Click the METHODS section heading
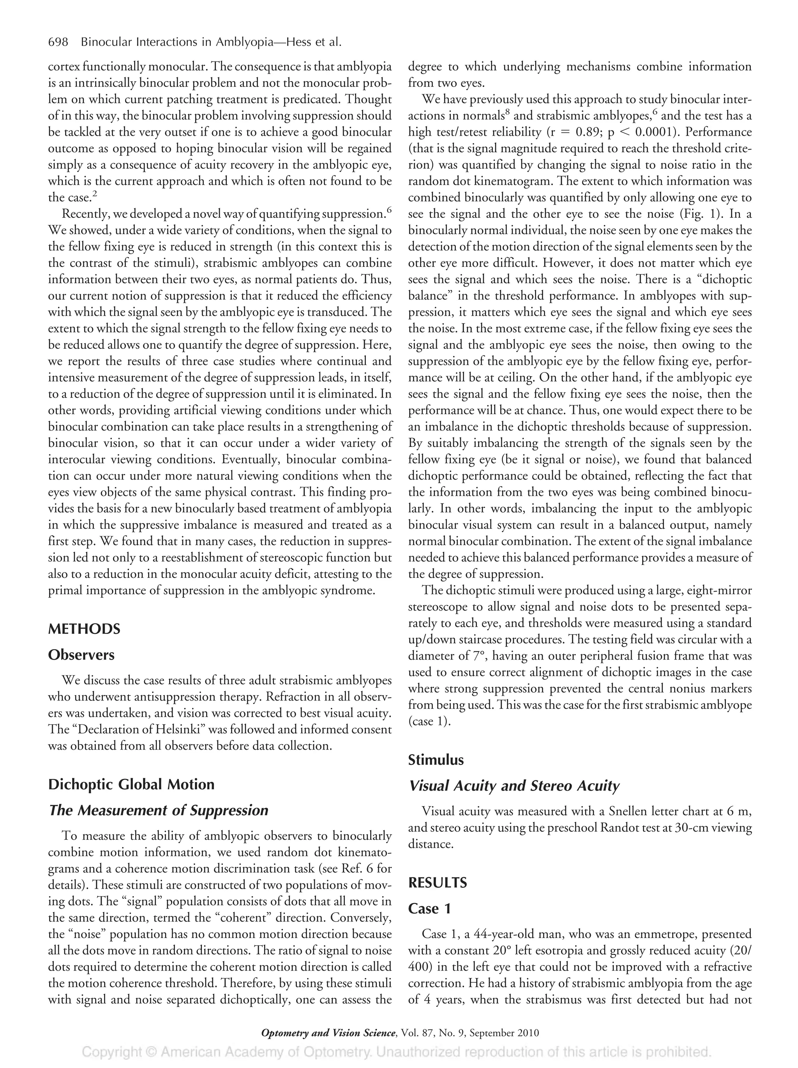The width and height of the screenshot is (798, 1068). [84, 628]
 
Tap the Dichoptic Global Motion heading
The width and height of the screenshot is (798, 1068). [131, 784]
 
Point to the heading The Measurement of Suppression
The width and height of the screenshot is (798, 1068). [158, 810]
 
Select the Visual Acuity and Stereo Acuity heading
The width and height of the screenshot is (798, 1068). [514, 786]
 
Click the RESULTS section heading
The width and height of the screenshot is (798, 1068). [437, 883]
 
